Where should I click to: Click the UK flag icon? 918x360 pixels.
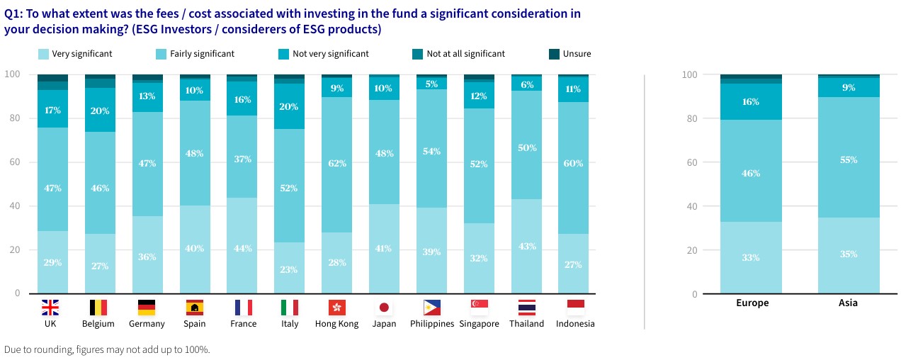tap(50, 307)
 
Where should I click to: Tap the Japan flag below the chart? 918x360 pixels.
tap(384, 307)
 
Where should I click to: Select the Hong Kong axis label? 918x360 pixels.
tap(336, 324)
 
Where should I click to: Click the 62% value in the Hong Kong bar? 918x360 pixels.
tap(336, 164)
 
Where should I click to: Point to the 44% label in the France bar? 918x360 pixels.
tap(242, 248)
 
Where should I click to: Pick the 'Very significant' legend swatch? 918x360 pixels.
tap(43, 54)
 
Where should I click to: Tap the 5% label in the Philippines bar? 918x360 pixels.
tap(432, 83)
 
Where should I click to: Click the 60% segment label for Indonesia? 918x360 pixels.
tap(572, 164)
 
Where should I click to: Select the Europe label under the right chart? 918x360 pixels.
tap(751, 303)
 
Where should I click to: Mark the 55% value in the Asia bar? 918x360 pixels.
tap(849, 160)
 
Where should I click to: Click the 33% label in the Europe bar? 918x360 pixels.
tap(751, 257)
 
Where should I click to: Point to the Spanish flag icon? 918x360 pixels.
tap(194, 307)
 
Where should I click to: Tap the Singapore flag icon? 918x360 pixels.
tap(480, 307)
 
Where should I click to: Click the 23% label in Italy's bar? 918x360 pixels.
tap(289, 269)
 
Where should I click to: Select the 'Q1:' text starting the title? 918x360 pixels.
tap(14, 13)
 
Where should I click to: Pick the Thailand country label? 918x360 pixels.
tap(527, 324)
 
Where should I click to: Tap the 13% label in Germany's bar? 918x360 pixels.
tap(147, 96)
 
